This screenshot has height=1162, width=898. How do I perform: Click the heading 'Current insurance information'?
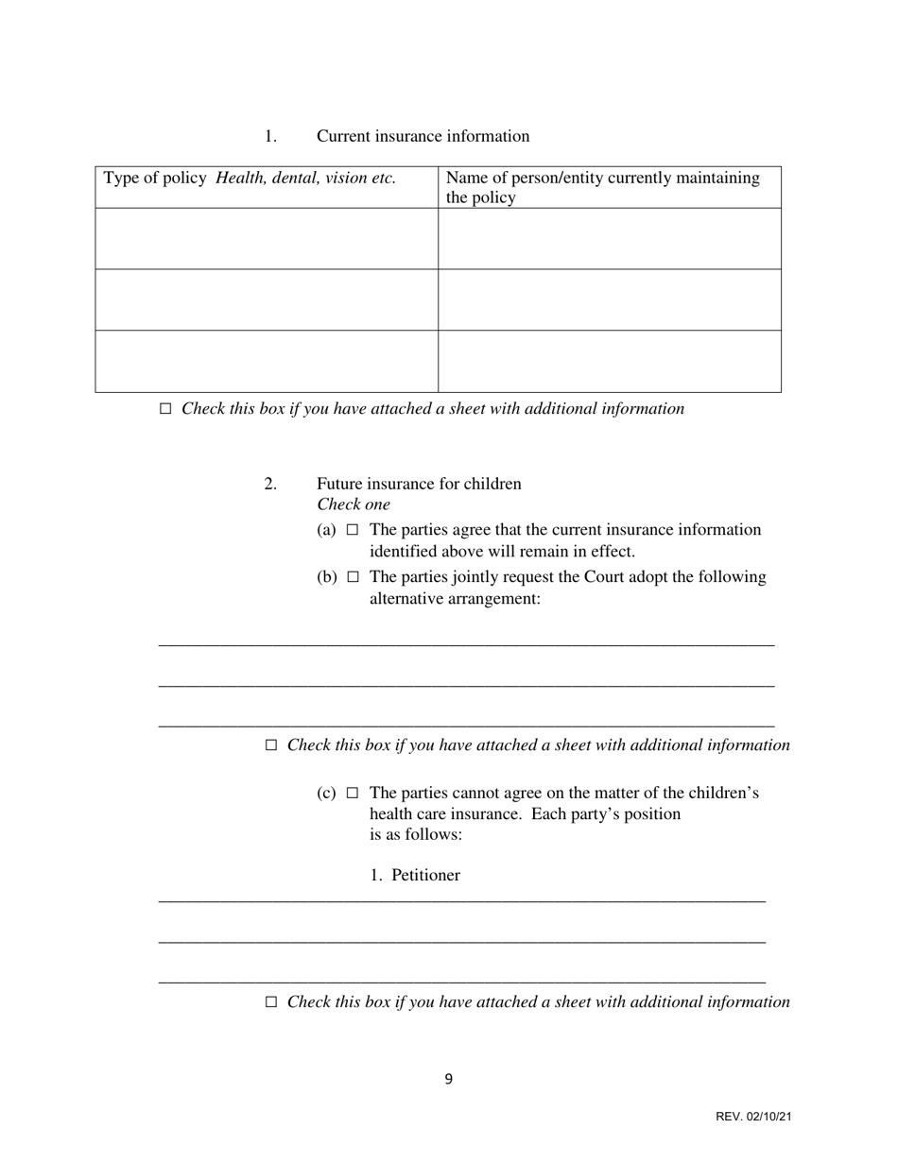click(x=423, y=136)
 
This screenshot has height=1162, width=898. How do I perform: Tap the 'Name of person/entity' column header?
click(x=602, y=187)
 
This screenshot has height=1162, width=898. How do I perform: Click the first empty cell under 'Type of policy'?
click(x=267, y=239)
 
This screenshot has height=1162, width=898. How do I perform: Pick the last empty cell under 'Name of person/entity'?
click(x=610, y=361)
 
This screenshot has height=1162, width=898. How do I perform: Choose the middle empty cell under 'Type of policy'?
click(x=267, y=299)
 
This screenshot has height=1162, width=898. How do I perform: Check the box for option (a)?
click(x=353, y=530)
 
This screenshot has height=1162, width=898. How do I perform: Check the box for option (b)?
click(x=353, y=577)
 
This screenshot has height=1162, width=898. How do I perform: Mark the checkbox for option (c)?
click(x=353, y=794)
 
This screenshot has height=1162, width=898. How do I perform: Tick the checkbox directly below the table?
click(x=165, y=409)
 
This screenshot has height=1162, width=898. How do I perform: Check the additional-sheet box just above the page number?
click(x=271, y=1002)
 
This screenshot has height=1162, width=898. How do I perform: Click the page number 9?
click(x=449, y=1080)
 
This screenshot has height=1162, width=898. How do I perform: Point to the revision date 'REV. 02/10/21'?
click(x=753, y=1118)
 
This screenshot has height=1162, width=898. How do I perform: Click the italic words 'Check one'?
click(x=354, y=504)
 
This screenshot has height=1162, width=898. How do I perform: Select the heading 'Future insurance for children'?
click(x=419, y=484)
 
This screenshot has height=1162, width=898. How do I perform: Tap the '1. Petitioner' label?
click(x=415, y=876)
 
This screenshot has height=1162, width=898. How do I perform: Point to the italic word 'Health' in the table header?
click(x=240, y=178)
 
